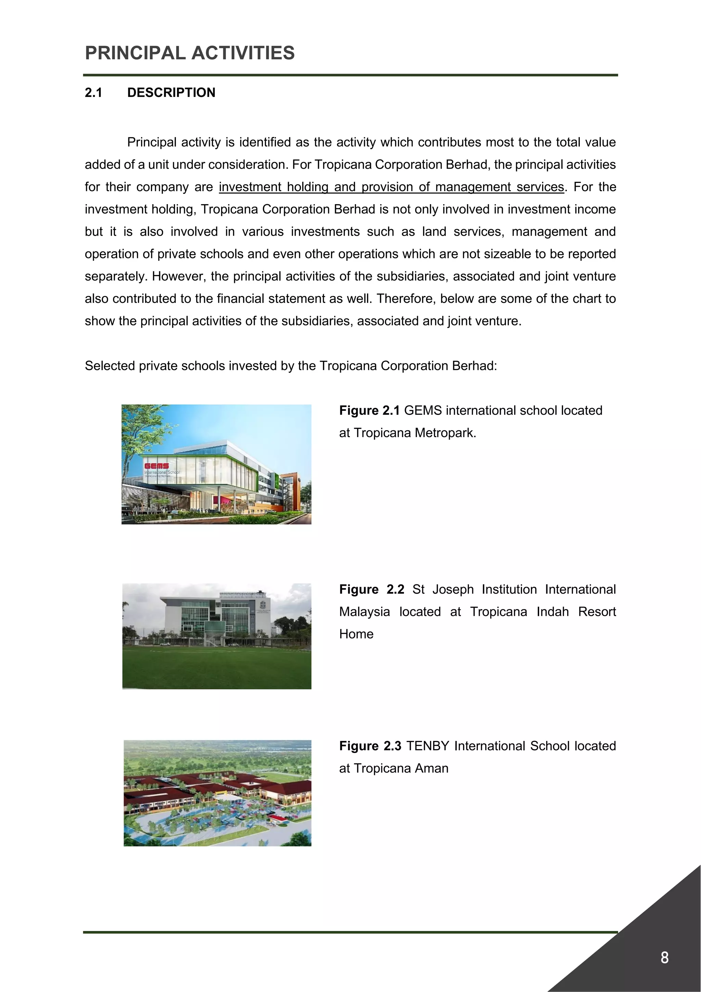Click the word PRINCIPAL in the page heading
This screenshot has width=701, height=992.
[135, 53]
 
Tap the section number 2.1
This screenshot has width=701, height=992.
[93, 92]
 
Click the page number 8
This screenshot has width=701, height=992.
[664, 957]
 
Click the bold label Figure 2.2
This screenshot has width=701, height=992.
[371, 589]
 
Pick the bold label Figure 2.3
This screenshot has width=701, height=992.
[370, 746]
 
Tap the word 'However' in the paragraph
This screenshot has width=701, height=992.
[172, 276]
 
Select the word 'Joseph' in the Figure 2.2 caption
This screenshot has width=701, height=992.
[453, 589]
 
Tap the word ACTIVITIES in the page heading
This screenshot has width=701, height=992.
[243, 53]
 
